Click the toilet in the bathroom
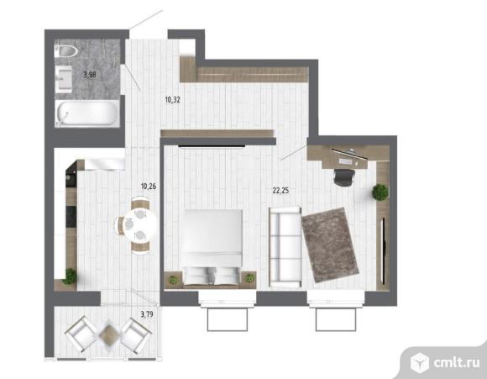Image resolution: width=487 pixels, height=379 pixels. [x=65, y=51]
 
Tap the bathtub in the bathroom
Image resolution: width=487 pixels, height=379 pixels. [x=87, y=113]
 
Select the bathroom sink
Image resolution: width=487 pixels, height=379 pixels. [x=64, y=79]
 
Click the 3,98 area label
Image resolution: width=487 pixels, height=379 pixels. [x=90, y=75]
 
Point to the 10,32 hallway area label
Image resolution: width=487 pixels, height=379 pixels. [x=173, y=100]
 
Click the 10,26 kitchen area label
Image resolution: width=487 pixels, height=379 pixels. [x=149, y=187]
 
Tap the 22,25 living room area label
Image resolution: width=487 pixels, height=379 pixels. [x=280, y=191]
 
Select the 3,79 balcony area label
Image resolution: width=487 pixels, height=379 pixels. [x=147, y=314]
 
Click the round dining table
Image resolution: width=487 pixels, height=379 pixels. [x=141, y=224]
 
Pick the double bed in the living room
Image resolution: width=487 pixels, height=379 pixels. [x=212, y=247]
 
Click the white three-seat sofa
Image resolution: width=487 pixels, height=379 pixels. [x=285, y=247]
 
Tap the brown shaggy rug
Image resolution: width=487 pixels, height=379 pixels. [x=330, y=245]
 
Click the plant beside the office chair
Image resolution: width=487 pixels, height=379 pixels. [x=380, y=192]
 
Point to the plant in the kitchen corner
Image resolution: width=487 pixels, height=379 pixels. [x=70, y=276]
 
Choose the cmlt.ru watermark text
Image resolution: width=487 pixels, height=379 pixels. [x=457, y=362]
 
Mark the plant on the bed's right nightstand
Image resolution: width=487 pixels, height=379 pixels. [x=249, y=278]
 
